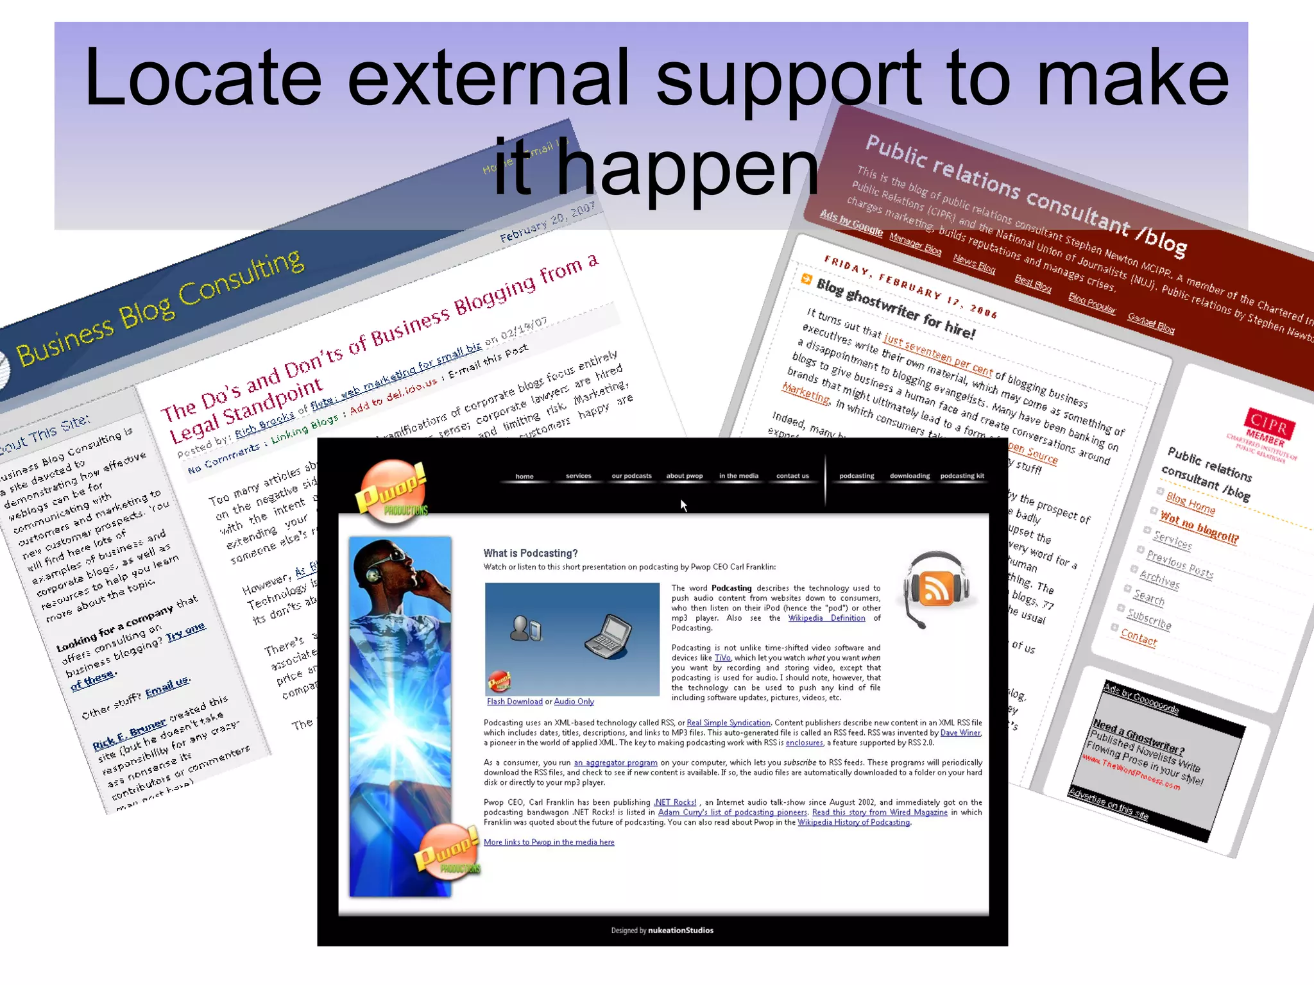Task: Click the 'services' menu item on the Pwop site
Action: pos(578,476)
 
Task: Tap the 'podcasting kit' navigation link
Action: pos(962,476)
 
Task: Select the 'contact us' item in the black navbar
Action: pos(792,476)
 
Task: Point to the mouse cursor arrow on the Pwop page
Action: pos(683,505)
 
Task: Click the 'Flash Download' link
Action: pos(515,702)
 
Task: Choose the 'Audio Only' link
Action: pos(574,702)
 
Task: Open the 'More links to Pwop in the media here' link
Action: pos(549,842)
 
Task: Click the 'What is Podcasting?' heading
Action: pos(530,553)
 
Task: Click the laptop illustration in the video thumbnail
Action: pos(608,636)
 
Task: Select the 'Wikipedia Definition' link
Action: pos(826,618)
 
